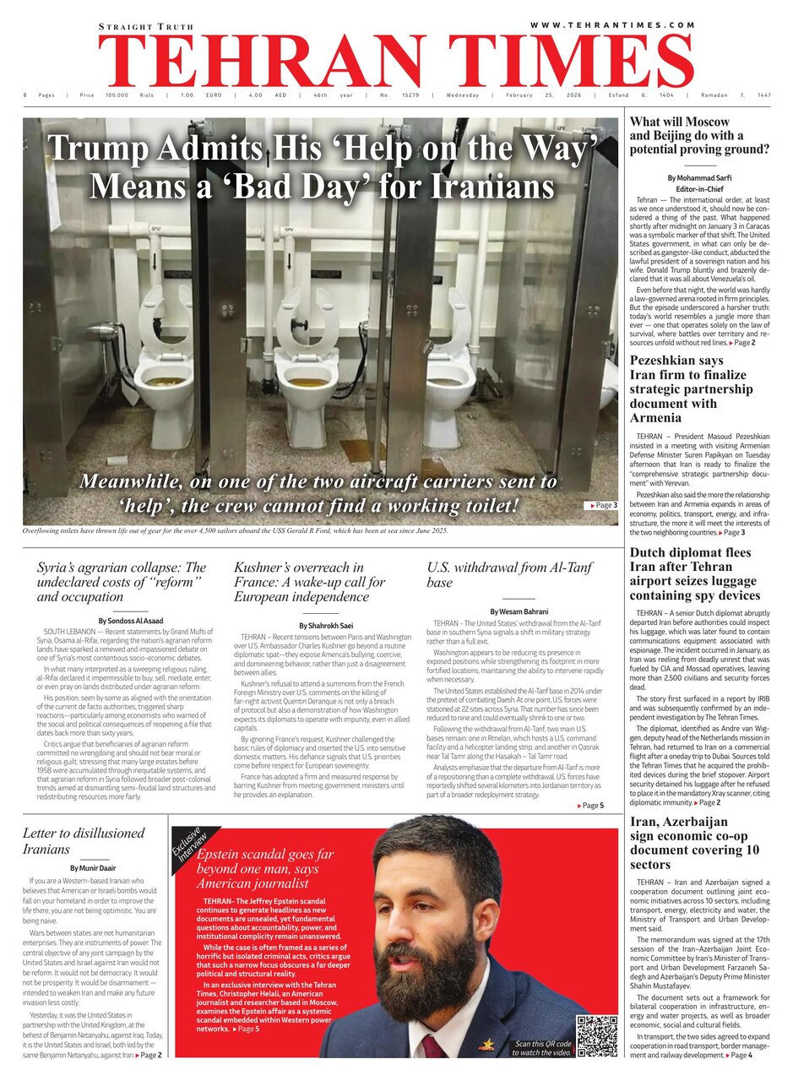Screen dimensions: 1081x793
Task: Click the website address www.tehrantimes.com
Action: click(612, 25)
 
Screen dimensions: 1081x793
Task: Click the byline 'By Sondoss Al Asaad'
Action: click(130, 621)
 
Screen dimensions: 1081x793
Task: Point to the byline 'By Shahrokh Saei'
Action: click(326, 626)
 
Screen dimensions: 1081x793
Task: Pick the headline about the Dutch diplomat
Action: click(694, 574)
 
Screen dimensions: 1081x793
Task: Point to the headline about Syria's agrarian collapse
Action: click(122, 582)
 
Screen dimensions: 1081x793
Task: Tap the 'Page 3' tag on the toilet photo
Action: click(601, 505)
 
